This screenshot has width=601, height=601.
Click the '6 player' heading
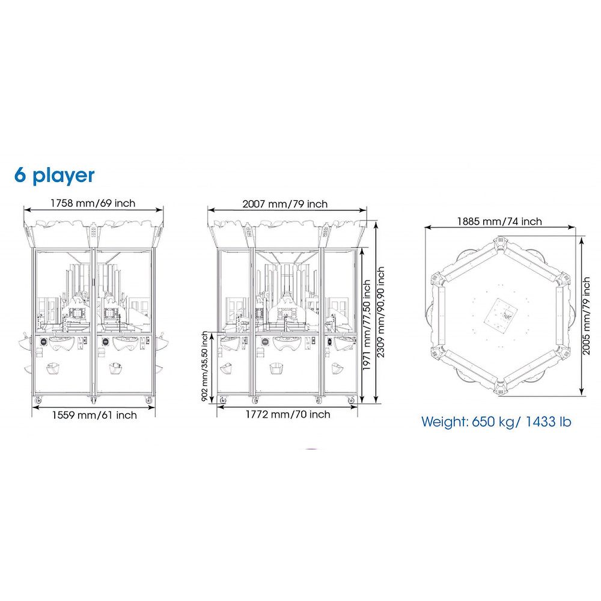pos(54,175)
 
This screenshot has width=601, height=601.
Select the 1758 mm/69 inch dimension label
pos(93,203)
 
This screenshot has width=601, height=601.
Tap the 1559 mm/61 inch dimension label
pos(94,415)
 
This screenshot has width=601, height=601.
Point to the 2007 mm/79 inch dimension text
pos(285,204)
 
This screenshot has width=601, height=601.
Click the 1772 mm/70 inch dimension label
pos(288,414)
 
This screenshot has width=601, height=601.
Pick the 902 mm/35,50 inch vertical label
pos(205,367)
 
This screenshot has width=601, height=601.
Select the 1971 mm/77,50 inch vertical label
pos(367,325)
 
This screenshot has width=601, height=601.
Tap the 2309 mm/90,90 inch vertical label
pos(380,312)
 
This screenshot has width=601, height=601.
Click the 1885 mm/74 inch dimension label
pos(499,221)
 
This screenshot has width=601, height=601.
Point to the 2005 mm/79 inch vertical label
pos(587,316)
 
